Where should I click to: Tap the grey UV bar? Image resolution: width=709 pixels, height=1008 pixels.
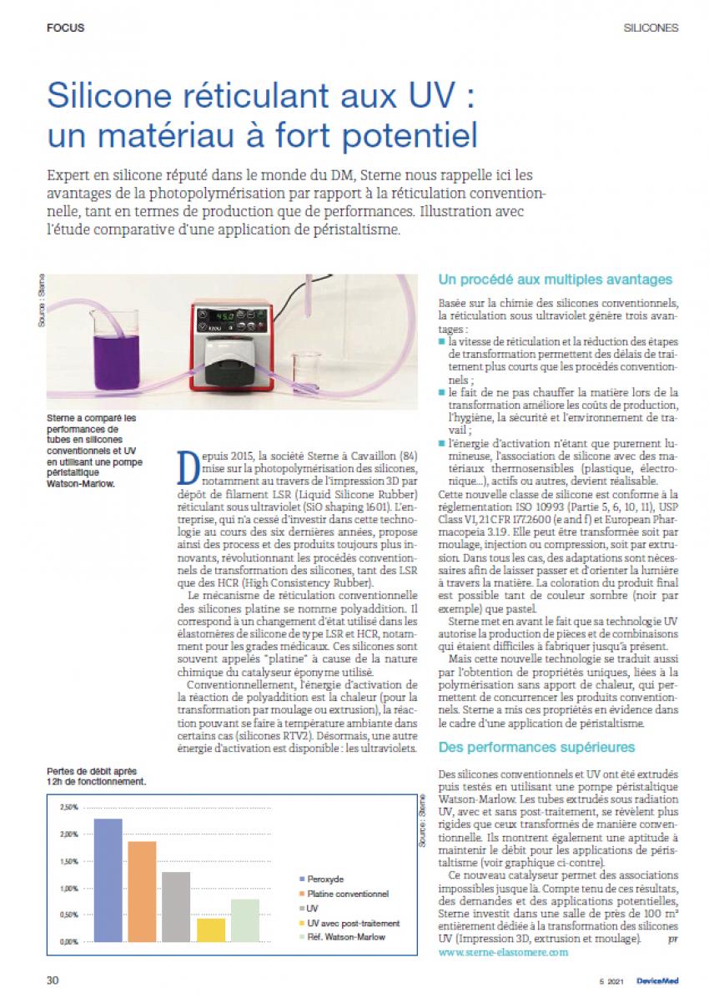pyautogui.click(x=176, y=906)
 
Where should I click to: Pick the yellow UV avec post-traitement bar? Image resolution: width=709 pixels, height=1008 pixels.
pyautogui.click(x=211, y=930)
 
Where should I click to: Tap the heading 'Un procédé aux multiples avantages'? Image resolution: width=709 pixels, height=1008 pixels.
pyautogui.click(x=556, y=279)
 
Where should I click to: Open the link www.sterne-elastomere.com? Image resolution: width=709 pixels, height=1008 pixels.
pyautogui.click(x=503, y=951)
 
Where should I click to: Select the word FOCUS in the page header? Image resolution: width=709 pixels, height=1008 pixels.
pyautogui.click(x=65, y=28)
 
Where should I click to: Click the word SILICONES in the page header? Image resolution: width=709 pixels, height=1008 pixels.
pyautogui.click(x=651, y=28)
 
